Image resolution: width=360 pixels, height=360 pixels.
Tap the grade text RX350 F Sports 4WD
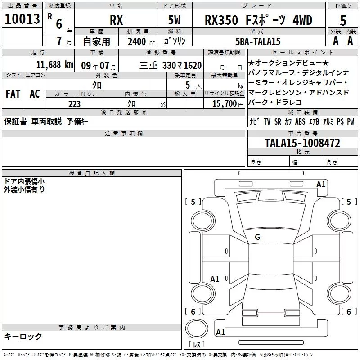[258, 20]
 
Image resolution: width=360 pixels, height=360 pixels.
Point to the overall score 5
[343, 21]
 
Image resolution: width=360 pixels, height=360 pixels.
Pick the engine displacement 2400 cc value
[137, 41]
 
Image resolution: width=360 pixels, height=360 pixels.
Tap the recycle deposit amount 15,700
[224, 104]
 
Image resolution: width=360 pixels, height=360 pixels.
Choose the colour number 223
[74, 104]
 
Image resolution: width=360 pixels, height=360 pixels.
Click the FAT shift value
[13, 94]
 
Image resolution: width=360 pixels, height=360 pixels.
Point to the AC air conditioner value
[35, 94]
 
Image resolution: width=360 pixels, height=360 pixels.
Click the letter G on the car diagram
[257, 237]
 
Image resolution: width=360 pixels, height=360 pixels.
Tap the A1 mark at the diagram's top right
[321, 184]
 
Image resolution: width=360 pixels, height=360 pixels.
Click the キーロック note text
[23, 336]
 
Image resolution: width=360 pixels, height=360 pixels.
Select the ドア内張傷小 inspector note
[24, 181]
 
